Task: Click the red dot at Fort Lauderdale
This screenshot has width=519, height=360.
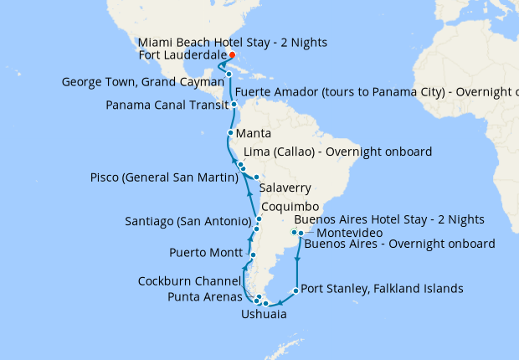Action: point(232,56)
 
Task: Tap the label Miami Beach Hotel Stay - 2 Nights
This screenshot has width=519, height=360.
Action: point(233,42)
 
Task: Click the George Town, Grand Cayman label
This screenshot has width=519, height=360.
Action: point(143,82)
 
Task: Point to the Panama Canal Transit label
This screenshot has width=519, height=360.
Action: point(165,105)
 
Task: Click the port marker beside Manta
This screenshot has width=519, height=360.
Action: point(229,133)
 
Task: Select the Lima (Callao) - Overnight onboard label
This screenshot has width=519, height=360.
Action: point(337,152)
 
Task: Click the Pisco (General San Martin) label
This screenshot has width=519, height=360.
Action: point(160,177)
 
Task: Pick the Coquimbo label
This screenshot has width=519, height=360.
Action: point(290,206)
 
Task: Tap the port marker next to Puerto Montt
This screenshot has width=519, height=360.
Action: point(252,254)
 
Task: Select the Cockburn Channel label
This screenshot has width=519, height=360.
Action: point(192,280)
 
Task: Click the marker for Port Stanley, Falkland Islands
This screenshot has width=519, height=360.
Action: point(295,291)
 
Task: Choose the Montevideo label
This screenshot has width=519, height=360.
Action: point(351,232)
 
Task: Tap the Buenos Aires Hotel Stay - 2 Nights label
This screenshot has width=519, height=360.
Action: point(388,219)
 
